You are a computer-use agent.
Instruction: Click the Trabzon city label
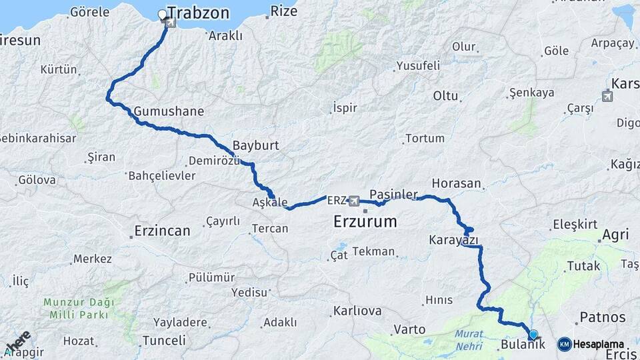(198, 13)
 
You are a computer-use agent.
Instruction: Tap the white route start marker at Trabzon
(162, 14)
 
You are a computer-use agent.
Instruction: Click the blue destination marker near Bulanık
(533, 334)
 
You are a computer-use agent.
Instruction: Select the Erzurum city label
(365, 221)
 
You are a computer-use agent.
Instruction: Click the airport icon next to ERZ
(353, 201)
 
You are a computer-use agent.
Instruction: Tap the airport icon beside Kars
(607, 95)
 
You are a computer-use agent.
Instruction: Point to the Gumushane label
(169, 111)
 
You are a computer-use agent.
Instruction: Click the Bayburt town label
(255, 145)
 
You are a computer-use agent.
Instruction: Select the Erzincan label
(162, 231)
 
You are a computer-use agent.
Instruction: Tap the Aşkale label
(270, 202)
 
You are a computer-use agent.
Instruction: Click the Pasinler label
(393, 193)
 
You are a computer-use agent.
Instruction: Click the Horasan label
(456, 183)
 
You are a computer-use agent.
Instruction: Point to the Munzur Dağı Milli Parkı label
(79, 308)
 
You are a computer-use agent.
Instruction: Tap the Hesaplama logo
(591, 344)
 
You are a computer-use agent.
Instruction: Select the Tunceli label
(164, 340)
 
